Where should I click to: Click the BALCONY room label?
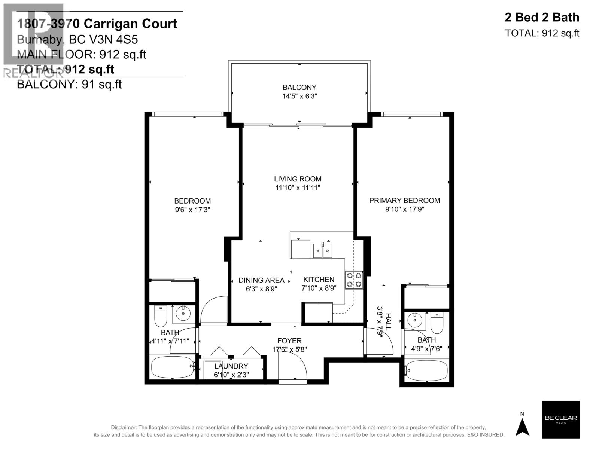click(299, 88)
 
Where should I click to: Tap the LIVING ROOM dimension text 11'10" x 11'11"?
click(298, 188)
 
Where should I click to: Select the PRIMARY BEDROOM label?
click(404, 201)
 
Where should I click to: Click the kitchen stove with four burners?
click(354, 280)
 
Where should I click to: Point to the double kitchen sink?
click(323, 250)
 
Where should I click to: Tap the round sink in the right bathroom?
click(414, 320)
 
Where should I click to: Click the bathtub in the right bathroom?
click(426, 370)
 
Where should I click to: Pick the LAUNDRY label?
click(231, 366)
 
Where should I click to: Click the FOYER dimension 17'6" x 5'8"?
click(289, 349)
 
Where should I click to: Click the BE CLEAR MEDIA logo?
click(560, 419)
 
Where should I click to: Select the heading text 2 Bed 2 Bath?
click(542, 17)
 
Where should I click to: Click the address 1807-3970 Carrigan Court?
click(97, 24)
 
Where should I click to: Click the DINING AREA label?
click(261, 280)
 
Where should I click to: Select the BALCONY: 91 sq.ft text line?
click(70, 85)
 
